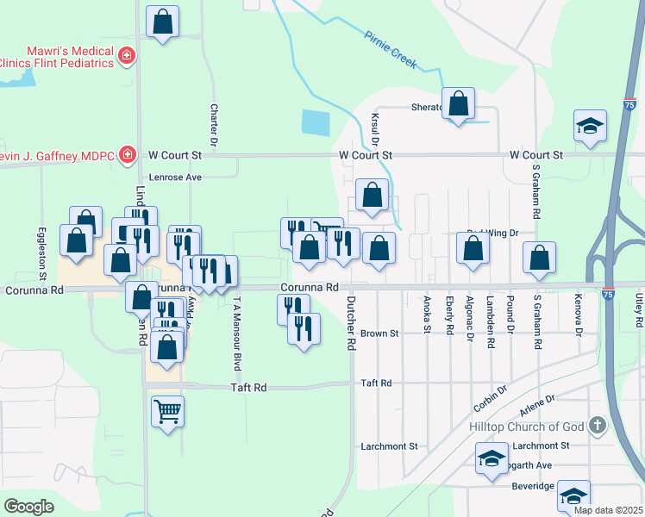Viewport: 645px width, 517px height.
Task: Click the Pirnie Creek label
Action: point(391,51)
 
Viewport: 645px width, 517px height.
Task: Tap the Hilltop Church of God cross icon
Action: point(597,427)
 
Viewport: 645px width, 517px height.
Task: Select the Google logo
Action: point(28,506)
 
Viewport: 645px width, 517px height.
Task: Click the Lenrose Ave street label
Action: point(175,177)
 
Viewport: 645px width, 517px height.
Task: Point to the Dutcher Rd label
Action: point(351,323)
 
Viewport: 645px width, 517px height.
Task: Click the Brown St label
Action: point(379,333)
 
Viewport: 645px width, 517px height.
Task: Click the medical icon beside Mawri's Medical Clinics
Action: point(127,56)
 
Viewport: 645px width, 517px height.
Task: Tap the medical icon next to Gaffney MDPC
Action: point(127,155)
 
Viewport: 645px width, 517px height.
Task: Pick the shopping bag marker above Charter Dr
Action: point(162,22)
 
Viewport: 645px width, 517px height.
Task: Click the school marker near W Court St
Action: point(591,126)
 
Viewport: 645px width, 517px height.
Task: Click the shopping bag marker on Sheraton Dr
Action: point(460,103)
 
